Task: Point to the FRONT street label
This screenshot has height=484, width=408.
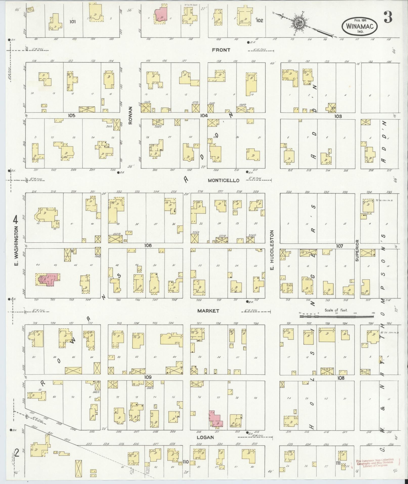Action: coord(221,50)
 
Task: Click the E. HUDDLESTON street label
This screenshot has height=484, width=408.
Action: coord(272,250)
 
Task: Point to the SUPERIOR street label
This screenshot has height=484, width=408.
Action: coord(357,250)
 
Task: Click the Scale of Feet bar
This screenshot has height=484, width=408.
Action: coord(336,316)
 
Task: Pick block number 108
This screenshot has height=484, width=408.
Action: coord(341,378)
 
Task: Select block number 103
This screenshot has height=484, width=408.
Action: coord(338,116)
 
